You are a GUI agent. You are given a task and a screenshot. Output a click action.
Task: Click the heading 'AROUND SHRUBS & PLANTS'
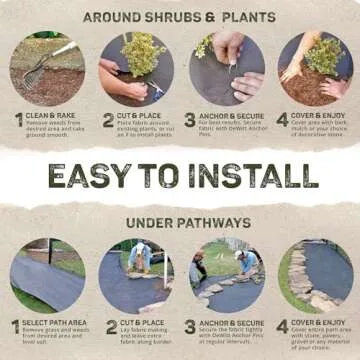pos(180,17)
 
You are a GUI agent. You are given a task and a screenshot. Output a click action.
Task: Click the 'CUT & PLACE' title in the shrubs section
pos(140,115)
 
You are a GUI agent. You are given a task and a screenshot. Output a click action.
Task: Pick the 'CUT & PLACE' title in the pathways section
pos(140,323)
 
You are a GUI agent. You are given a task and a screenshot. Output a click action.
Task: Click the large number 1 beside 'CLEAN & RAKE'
pos(17,120)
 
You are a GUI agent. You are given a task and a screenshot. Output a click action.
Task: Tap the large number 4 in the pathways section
pos(281,328)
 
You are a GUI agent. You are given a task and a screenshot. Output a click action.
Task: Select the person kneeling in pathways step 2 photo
pos(140,258)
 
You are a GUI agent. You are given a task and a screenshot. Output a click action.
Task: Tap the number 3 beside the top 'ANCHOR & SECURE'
pos(191,120)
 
